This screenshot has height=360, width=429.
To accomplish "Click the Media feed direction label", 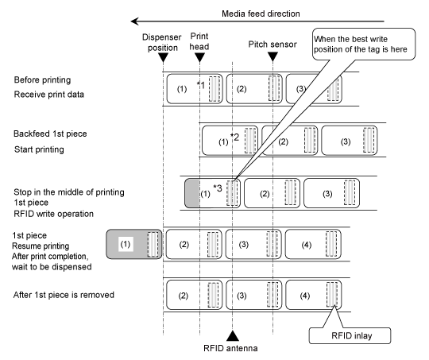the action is [261, 14].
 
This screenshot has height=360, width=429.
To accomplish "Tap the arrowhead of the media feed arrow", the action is [134, 21].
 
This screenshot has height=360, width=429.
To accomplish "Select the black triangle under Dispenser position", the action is [164, 57].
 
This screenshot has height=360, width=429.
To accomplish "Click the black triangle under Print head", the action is [199, 57].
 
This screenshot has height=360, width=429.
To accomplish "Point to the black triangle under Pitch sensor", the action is [272, 56].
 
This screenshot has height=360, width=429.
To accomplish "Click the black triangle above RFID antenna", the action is [233, 335].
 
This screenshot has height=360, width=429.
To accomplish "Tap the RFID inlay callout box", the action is [350, 335].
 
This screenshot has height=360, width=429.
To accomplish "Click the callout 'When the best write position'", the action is [364, 44].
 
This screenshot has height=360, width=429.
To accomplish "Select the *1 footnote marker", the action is [201, 85].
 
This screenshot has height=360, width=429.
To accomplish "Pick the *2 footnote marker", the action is [234, 137].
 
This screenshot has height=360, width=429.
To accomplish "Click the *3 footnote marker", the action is [218, 188].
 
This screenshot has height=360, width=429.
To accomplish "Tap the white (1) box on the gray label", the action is [126, 244].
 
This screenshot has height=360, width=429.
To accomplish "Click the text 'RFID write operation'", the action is [54, 214].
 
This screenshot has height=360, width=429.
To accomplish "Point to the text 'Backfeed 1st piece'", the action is [50, 134].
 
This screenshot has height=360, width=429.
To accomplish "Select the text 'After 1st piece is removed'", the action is [64, 295].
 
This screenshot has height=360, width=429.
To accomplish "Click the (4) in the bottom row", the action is [305, 296].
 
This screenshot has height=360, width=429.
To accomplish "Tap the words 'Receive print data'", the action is [49, 95].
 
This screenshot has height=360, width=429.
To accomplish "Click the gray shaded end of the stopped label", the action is [192, 193].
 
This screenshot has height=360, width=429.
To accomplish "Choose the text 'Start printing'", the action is [39, 149].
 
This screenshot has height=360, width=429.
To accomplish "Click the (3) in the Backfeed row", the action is [346, 141].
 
